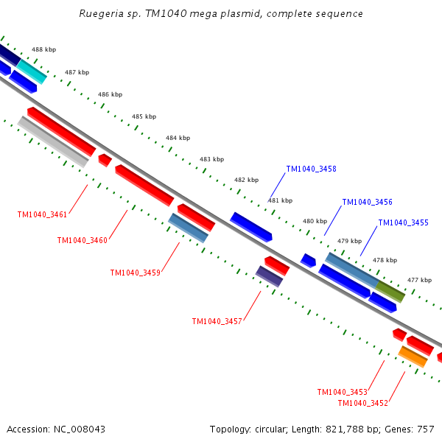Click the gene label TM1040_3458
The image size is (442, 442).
tap(311, 169)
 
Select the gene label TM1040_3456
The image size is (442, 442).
tap(367, 202)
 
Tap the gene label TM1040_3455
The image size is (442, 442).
tap(403, 223)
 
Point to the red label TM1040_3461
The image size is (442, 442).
tap(42, 215)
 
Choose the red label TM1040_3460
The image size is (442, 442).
tap(83, 240)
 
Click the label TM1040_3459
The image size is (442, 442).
tap(136, 273)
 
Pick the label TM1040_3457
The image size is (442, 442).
tap(217, 322)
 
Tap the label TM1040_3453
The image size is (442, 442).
tap(343, 393)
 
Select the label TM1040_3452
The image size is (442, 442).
tap(363, 404)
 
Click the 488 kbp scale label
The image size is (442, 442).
tap(44, 49)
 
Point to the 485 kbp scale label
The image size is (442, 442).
tap(144, 116)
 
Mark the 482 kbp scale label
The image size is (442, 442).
tap(246, 180)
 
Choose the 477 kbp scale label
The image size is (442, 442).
tap(419, 280)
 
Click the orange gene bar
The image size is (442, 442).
tap(413, 357)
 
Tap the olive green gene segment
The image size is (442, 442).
tap(390, 292)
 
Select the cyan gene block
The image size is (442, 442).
tap(32, 71)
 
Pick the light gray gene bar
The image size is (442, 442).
tap(53, 141)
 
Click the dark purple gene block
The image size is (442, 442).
tap(269, 276)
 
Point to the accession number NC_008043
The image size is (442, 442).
tap(80, 429)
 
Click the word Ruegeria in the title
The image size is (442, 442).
tap(101, 14)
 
